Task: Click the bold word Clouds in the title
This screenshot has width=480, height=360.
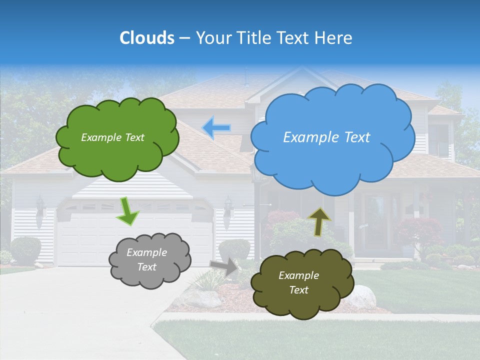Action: (147, 38)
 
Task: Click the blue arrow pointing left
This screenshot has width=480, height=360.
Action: (216, 127)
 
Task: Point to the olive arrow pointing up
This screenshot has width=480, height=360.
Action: (319, 221)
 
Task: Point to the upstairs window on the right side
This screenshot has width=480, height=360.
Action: (438, 140)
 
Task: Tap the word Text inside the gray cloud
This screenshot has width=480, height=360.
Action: (147, 267)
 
